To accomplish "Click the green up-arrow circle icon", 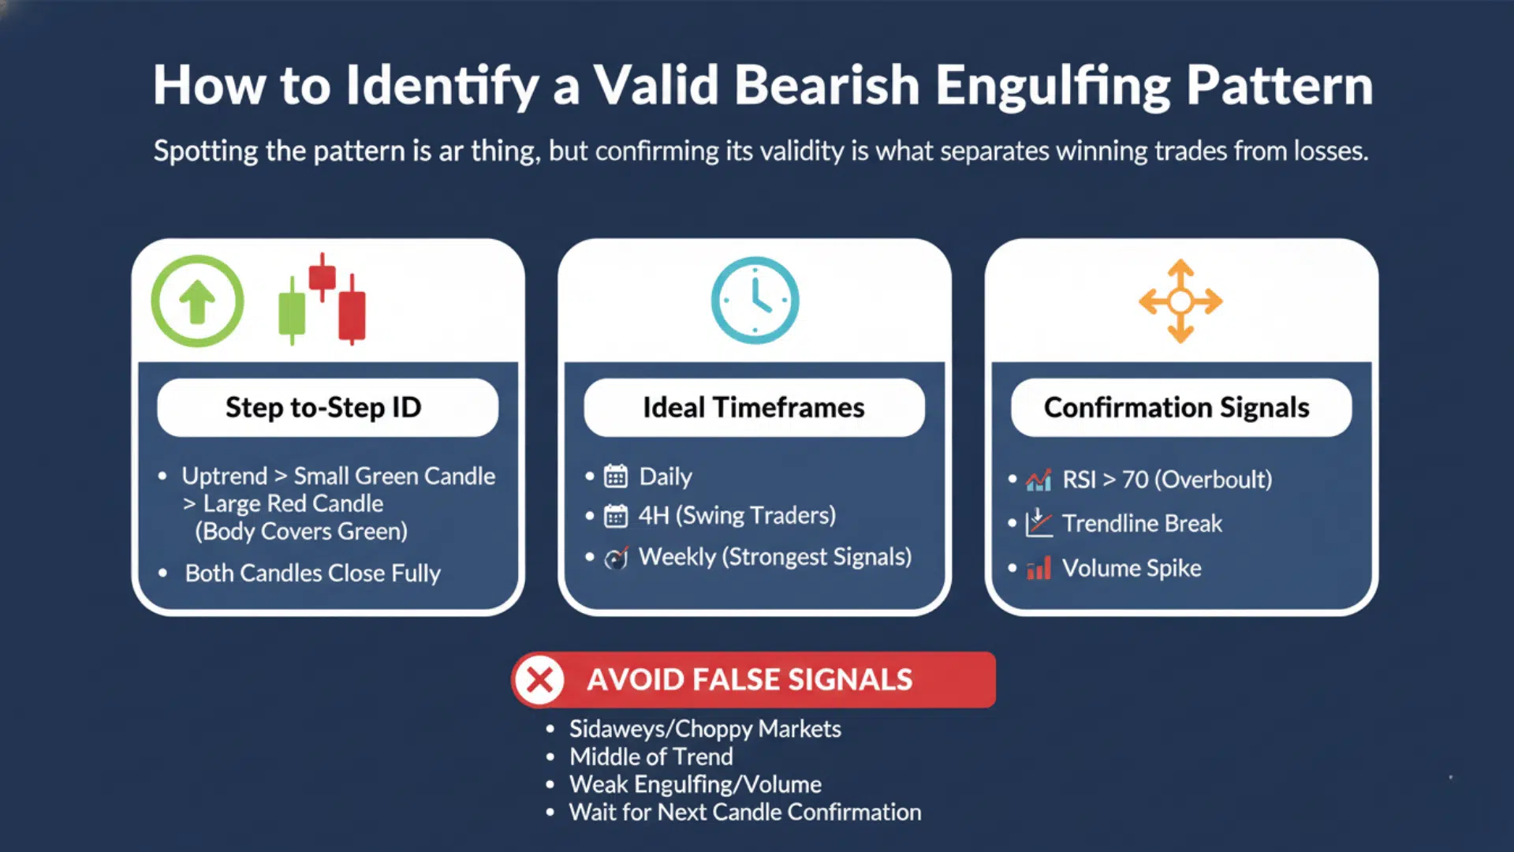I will tap(197, 301).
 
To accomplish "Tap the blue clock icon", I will tap(755, 301).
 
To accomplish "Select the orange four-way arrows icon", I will tap(1180, 301).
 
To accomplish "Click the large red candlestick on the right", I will tap(352, 314).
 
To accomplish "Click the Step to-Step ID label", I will tap(323, 407).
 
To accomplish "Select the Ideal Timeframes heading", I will tap(754, 407).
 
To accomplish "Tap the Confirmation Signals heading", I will tap(1177, 407).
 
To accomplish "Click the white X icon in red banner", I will tap(540, 679).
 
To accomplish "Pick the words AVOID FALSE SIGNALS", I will tap(749, 679).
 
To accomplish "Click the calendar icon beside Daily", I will tap(616, 476).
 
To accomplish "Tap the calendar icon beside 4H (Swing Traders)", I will tap(616, 516).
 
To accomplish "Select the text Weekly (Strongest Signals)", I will tap(774, 557).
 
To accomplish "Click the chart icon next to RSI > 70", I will tap(1039, 480).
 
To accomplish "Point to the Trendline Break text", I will tap(1142, 523).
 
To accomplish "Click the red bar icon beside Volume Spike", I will tap(1039, 568).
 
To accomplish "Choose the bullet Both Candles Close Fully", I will tap(312, 573).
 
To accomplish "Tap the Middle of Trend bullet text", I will tap(651, 757).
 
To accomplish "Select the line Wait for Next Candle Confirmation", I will tap(745, 812).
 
